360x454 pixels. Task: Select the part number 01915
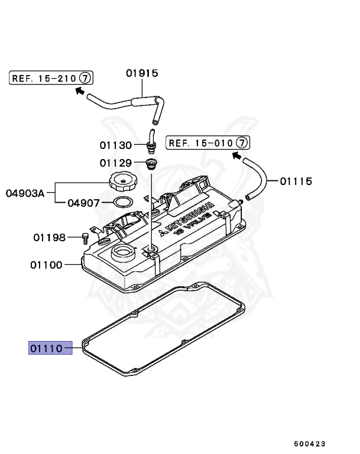coord(142,73)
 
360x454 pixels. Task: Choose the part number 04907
coord(84,202)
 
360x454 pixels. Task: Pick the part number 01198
coord(49,238)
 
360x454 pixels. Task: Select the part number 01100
coord(46,265)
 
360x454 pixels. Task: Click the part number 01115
coord(296,181)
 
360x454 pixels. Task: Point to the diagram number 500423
coord(309,443)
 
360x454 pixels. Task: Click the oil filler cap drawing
coord(122,180)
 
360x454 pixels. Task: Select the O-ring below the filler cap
coord(122,202)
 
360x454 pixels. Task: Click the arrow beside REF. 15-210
coord(79,90)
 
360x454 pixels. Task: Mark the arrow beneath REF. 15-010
coord(236,156)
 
